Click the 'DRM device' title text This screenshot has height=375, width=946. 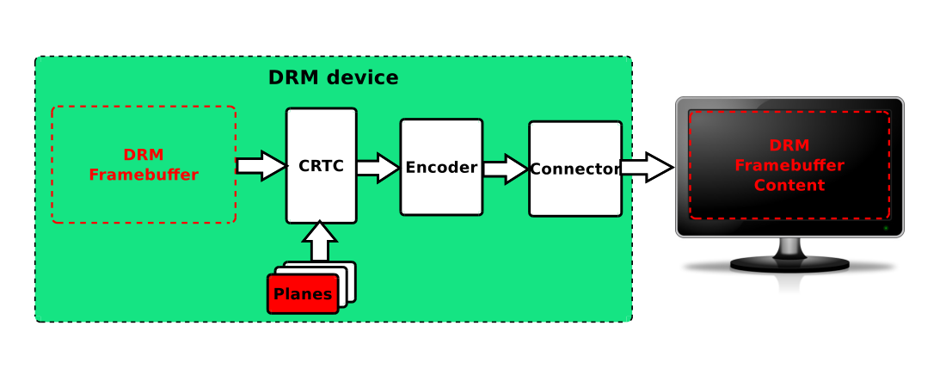coord(333,77)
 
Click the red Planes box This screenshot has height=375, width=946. coord(303,294)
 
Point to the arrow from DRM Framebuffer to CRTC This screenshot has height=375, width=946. coord(261,165)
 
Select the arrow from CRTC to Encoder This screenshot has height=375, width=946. coord(378,167)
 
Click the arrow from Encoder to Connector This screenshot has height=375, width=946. coord(505,169)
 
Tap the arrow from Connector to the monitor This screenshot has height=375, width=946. coord(647,168)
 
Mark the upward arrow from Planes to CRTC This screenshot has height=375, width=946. coord(321,240)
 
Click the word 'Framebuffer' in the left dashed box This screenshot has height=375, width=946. coord(144,175)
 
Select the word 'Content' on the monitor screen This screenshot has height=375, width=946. coord(789,185)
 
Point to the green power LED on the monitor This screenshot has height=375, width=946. coord(886,228)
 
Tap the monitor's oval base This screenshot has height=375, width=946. coord(789,264)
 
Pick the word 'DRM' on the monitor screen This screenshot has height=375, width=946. coord(789,145)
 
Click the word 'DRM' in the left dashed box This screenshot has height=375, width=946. coord(144,155)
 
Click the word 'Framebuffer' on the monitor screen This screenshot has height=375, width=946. coord(789,165)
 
